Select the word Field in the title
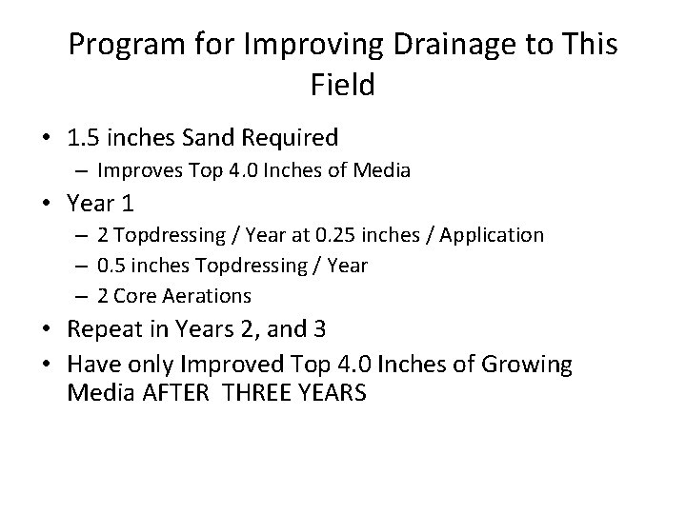(x=343, y=86)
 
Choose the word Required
(x=292, y=139)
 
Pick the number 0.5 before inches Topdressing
(x=112, y=264)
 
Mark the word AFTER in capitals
(x=164, y=392)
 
